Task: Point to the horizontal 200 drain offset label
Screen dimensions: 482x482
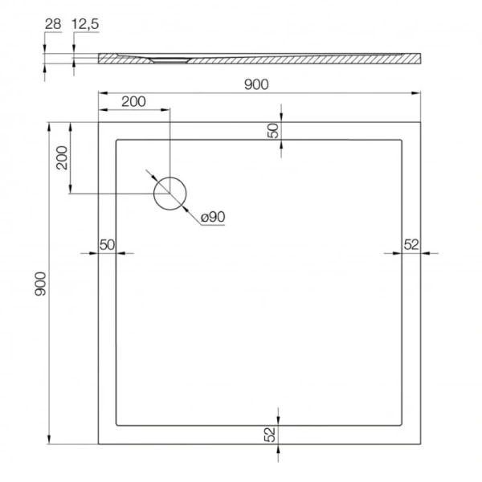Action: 133,101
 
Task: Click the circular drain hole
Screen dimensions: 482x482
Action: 170,194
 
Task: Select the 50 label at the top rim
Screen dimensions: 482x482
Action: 273,131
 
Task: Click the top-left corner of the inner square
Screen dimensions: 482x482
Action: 117,141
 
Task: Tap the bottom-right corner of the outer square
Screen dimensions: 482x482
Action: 422,444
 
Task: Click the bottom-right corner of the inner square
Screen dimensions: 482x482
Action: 402,425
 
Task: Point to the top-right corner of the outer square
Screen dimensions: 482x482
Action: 422,122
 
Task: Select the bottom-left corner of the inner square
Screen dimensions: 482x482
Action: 117,425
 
